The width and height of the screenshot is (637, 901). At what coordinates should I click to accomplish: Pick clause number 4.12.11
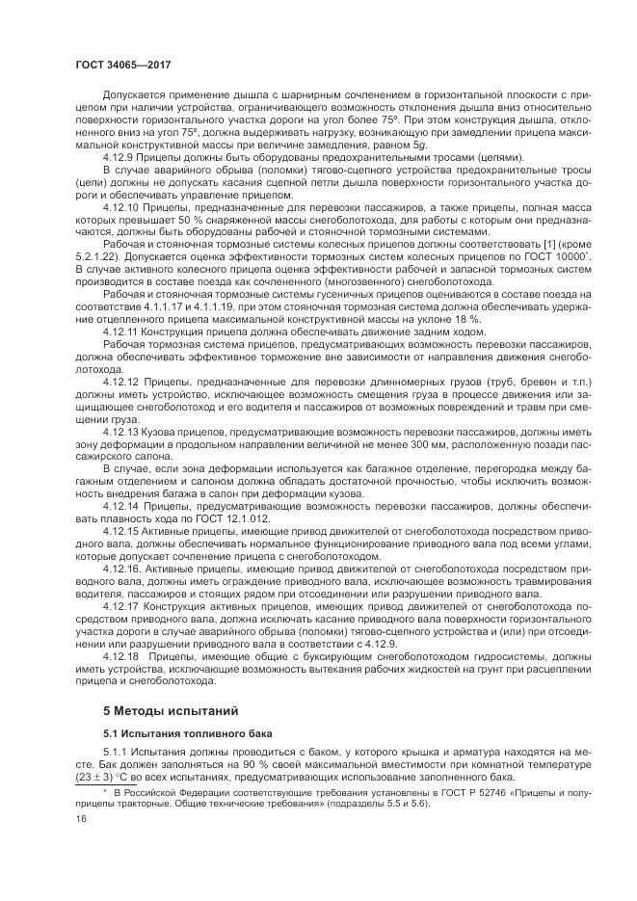pos(122,331)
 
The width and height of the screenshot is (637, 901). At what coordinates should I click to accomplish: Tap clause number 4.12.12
pos(122,382)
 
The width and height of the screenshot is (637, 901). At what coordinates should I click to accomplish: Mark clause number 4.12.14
pos(122,506)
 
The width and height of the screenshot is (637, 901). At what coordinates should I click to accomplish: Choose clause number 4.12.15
pos(122,531)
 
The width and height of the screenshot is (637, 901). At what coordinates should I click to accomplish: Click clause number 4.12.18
pos(122,655)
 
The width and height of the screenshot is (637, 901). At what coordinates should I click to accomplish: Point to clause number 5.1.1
pos(117,755)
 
